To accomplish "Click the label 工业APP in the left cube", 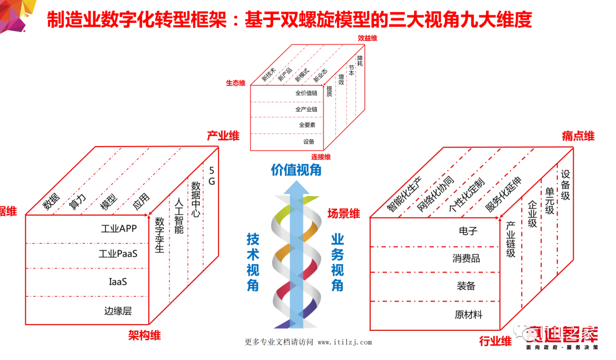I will tap(119, 229).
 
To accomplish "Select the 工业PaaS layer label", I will tap(118, 254).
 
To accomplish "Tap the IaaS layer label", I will tap(117, 282).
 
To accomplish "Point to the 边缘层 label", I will tap(118, 311).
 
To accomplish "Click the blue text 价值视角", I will tap(296, 169).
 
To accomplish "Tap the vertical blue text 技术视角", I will tap(253, 262).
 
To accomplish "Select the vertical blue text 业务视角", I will tap(337, 262).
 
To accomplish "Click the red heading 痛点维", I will tap(578, 136).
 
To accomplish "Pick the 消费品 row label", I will tap(467, 258).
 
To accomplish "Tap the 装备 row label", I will tap(466, 286).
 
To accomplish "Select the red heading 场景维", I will tap(343, 214).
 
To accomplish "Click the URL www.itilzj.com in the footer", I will tap(345, 342).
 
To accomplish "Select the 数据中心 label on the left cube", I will tap(195, 200).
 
